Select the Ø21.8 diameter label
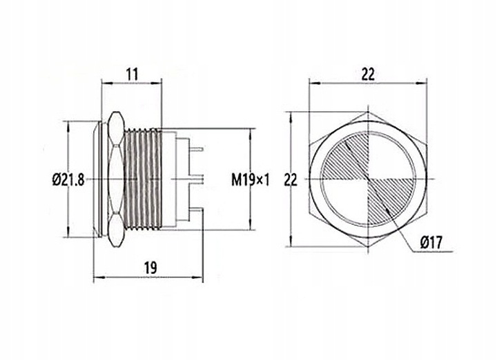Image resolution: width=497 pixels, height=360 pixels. [68, 179]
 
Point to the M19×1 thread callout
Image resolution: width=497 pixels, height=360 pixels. [251, 179]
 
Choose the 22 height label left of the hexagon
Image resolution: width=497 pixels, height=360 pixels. [291, 179]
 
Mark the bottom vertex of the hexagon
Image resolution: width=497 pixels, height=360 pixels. [369, 249]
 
